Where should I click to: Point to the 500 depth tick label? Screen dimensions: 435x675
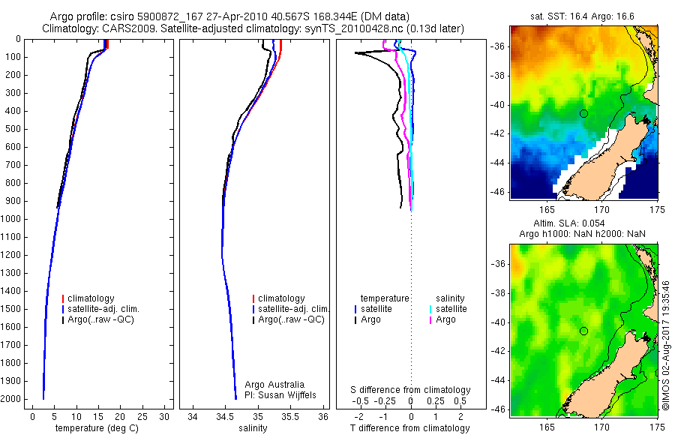pos(13,129)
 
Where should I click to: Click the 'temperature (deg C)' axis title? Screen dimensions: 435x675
pos(97,428)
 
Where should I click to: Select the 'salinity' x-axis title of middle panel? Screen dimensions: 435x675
pos(253,428)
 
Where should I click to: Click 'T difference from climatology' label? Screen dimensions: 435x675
pos(411,428)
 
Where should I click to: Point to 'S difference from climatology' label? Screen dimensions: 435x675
pos(411,390)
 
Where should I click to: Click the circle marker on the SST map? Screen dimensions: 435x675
pos(583,113)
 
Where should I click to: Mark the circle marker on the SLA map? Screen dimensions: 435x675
pos(583,331)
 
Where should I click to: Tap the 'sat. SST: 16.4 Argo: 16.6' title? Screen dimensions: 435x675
pos(583,16)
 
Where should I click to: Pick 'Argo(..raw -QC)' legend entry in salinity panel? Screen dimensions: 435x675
pos(291,319)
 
